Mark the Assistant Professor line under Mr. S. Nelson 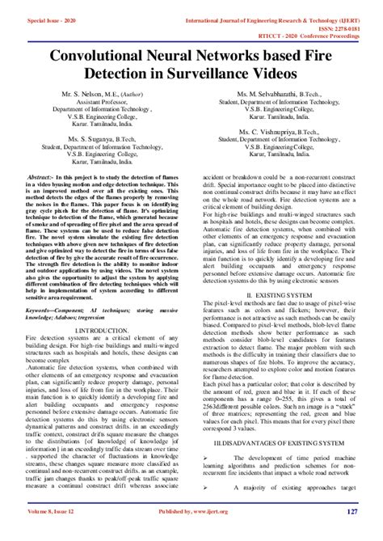pos(101,104)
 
